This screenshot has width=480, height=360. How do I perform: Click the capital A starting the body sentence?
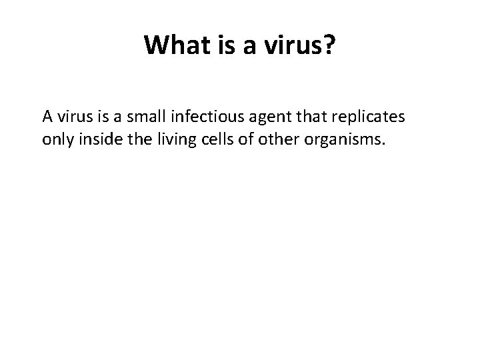tap(47, 118)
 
